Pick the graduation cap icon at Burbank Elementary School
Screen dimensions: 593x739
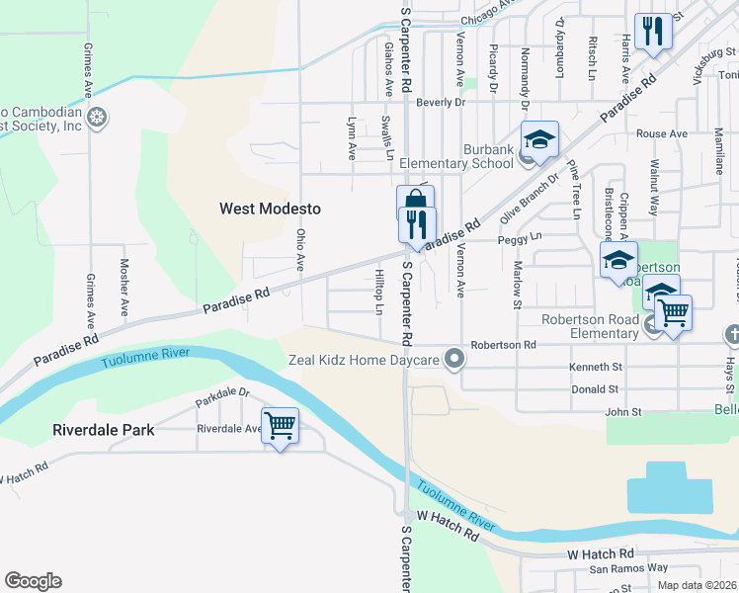click(540, 140)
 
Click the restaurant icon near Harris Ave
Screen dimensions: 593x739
click(651, 32)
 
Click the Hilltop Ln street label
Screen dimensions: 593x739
click(378, 293)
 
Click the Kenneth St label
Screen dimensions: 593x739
click(595, 368)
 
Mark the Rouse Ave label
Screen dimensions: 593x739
click(662, 133)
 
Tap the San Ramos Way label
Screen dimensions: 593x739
click(629, 568)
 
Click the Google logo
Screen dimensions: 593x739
click(33, 581)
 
